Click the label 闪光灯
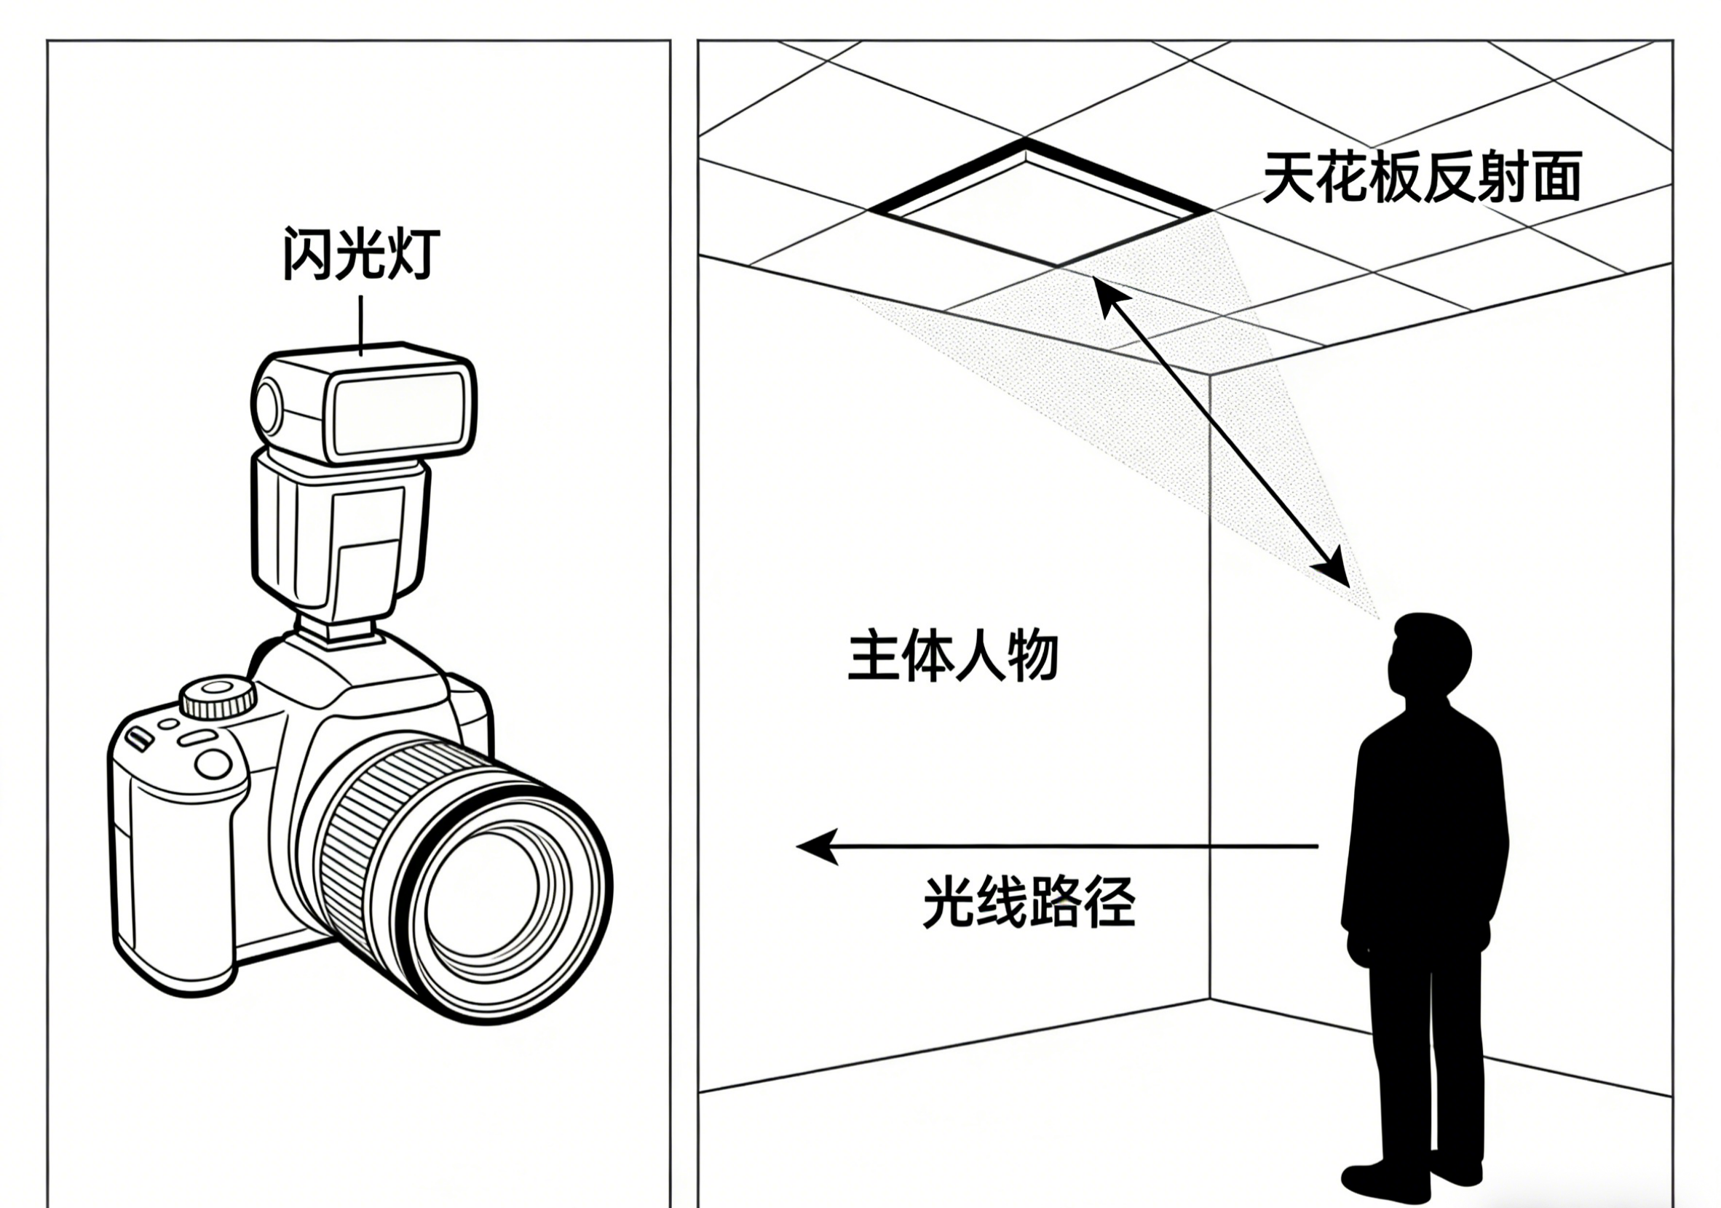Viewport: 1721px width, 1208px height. (360, 255)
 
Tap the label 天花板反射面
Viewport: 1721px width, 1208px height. (1422, 178)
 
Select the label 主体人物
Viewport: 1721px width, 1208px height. (953, 656)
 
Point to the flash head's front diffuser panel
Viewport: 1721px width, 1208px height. (399, 417)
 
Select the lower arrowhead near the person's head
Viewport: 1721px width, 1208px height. (1334, 570)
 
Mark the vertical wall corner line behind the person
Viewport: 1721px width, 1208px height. (1210, 675)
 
